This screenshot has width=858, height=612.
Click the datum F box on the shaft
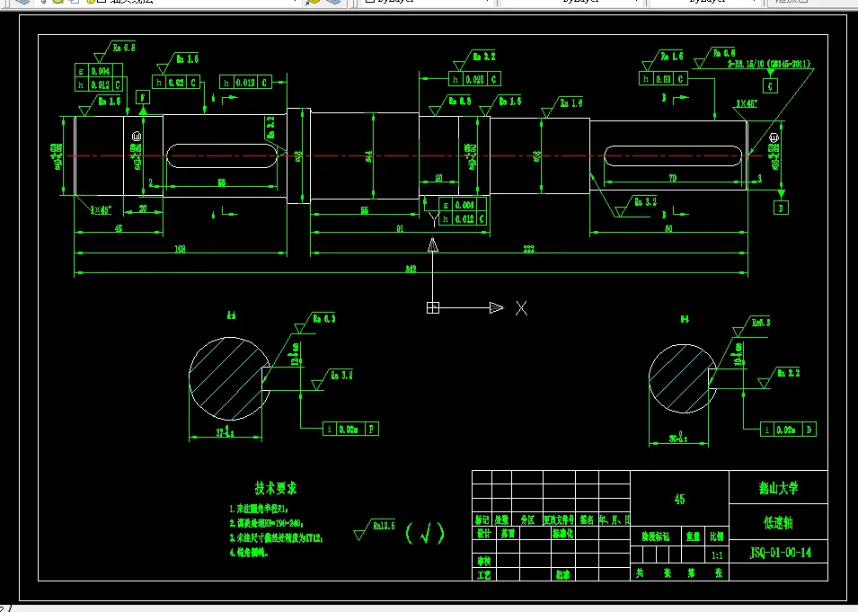(x=141, y=96)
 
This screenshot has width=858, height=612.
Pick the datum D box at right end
(x=781, y=208)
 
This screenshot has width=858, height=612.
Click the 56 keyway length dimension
(x=220, y=182)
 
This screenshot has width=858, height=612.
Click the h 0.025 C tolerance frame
(x=473, y=80)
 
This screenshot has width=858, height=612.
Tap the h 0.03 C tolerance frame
(x=664, y=79)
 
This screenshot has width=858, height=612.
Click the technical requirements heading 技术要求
(x=276, y=489)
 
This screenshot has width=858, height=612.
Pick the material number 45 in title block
(x=679, y=499)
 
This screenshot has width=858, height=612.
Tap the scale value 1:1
(x=717, y=556)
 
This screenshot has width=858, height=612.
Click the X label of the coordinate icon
(x=521, y=308)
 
